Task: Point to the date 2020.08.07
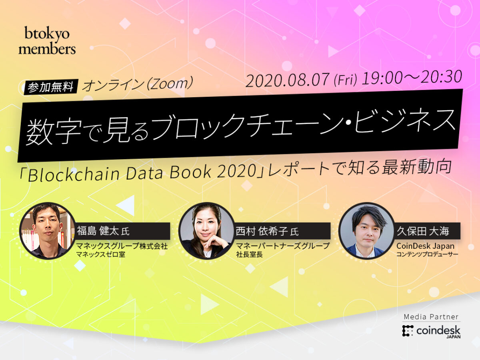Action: click(288, 81)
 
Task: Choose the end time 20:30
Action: click(440, 76)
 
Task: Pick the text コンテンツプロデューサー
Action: click(427, 254)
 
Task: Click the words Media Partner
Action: click(431, 317)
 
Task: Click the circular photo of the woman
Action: click(206, 230)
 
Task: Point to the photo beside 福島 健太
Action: click(48, 230)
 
